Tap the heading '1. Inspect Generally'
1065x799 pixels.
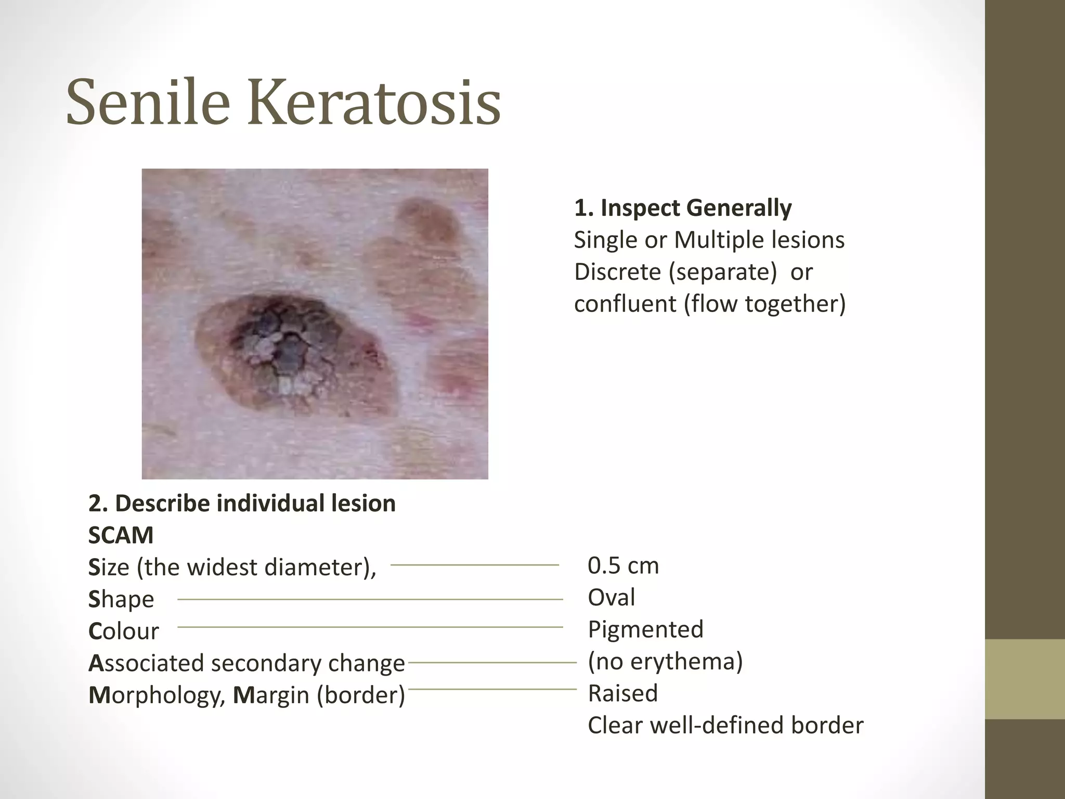pos(683,208)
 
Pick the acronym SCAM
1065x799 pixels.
pos(121,535)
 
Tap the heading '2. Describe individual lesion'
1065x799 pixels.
pos(242,504)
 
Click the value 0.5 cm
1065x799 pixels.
pos(623,565)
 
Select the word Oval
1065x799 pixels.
pos(611,597)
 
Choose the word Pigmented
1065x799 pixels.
pos(645,629)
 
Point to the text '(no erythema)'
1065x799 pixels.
pos(665,661)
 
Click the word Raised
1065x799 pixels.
pos(622,693)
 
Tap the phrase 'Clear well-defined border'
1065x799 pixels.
pos(725,725)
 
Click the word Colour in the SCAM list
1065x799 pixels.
pos(124,632)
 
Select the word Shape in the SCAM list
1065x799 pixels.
pos(121,600)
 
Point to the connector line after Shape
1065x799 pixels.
pos(370,599)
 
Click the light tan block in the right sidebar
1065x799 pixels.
pos(1025,679)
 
